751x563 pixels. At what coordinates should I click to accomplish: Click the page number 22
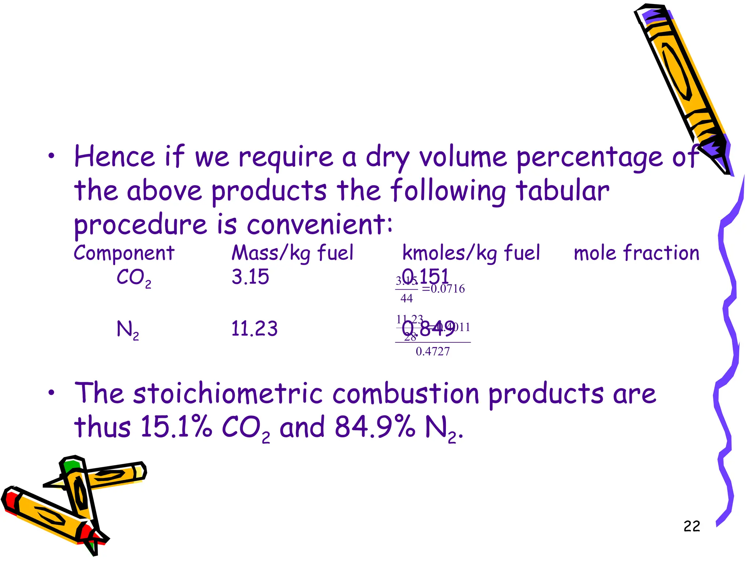pyautogui.click(x=692, y=526)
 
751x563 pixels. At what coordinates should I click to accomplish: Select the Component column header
pyautogui.click(x=124, y=253)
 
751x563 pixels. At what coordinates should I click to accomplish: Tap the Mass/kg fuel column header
pyautogui.click(x=292, y=253)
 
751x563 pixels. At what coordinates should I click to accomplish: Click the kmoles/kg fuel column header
pyautogui.click(x=471, y=253)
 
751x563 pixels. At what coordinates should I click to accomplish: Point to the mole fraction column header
pyautogui.click(x=637, y=253)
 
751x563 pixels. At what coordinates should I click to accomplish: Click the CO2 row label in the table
pyautogui.click(x=133, y=278)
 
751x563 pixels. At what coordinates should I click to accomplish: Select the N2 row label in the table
pyautogui.click(x=128, y=329)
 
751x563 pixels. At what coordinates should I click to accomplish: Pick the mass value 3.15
pyautogui.click(x=250, y=277)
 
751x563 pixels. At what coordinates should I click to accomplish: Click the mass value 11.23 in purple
pyautogui.click(x=254, y=328)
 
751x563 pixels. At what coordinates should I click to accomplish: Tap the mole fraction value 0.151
pyautogui.click(x=425, y=276)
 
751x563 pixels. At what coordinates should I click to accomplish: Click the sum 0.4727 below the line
pyautogui.click(x=433, y=352)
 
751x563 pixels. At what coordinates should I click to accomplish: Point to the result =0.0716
pyautogui.click(x=444, y=289)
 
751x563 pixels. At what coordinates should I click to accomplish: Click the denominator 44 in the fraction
pyautogui.click(x=406, y=298)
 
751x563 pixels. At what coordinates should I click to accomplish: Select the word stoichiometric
pyautogui.click(x=227, y=394)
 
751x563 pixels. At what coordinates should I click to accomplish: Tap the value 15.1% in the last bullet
pyautogui.click(x=176, y=427)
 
